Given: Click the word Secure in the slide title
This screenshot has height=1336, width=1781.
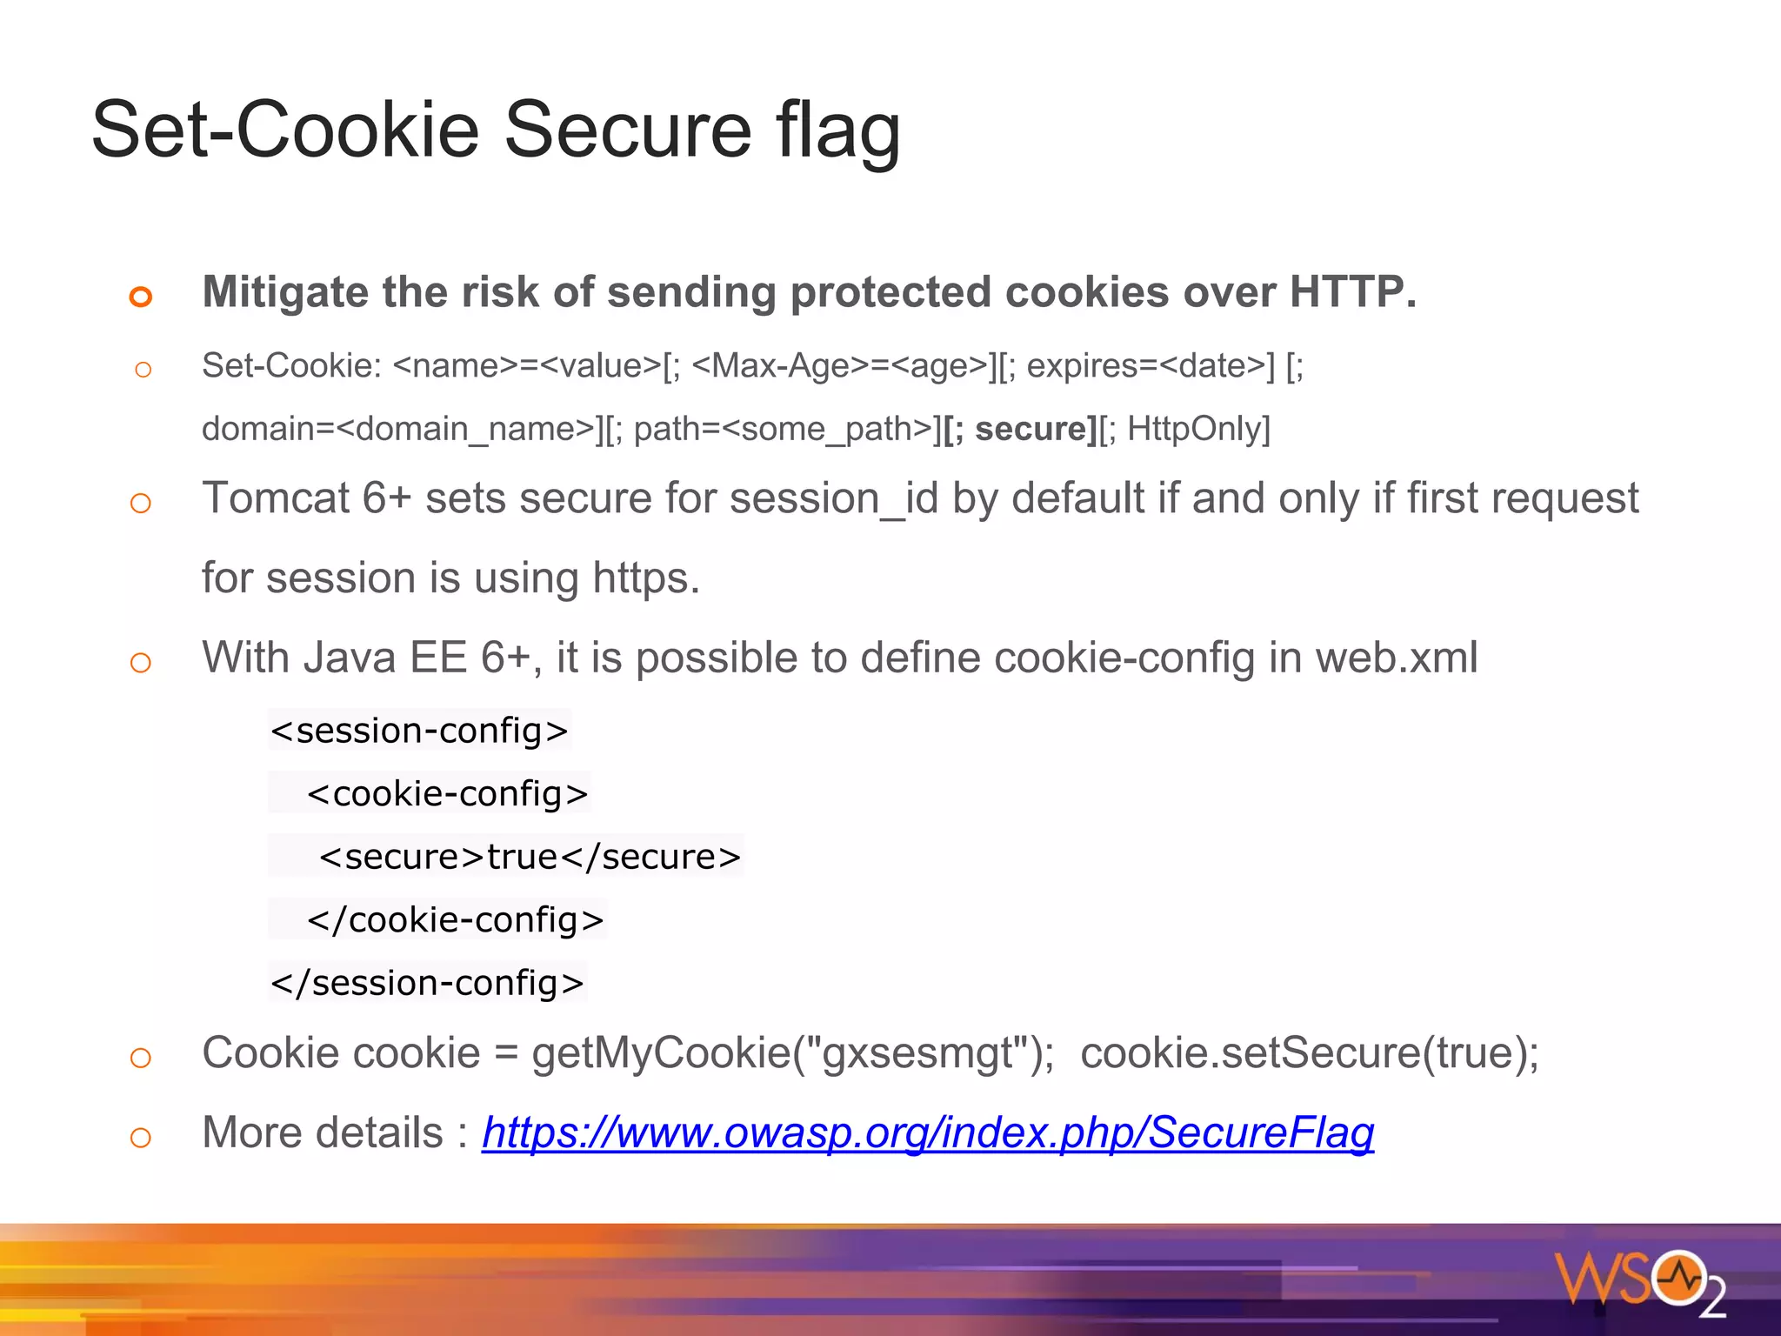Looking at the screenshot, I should tap(627, 130).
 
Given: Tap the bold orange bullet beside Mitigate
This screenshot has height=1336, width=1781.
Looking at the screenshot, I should tap(141, 297).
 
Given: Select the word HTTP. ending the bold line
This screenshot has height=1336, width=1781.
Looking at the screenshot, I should tap(1352, 292).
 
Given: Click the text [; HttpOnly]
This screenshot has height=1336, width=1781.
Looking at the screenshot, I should tap(1185, 429).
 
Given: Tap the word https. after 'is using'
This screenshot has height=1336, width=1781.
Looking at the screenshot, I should tap(645, 578).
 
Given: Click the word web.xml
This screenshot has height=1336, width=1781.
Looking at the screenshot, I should tap(1396, 658).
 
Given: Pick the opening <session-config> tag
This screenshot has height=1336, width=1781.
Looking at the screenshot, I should tap(419, 731).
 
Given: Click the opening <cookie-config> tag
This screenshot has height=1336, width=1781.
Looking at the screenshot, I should tap(447, 793).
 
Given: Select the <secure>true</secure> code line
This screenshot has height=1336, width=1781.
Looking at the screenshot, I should tap(530, 857).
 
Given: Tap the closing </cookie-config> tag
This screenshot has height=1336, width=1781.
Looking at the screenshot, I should tap(455, 919).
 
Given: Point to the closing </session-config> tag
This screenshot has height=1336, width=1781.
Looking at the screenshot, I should tap(427, 983).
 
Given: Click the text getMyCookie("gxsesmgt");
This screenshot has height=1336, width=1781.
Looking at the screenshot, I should tap(793, 1053).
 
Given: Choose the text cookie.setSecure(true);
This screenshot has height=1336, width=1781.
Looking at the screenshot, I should tap(1309, 1053).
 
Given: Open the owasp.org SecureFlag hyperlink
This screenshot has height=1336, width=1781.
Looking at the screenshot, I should tap(928, 1133).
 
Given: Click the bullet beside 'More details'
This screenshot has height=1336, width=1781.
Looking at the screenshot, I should tap(141, 1137).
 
